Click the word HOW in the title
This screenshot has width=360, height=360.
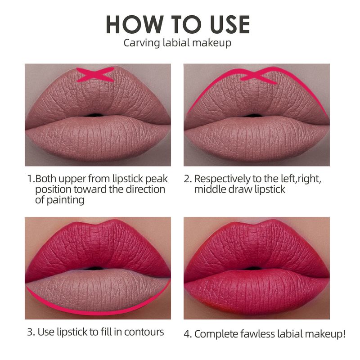point(135,25)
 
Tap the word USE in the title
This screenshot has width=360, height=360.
point(230,25)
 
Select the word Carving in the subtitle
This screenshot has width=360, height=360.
point(141,43)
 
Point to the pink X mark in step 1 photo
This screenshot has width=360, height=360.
point(95,74)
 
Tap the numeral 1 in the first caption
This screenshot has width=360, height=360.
point(30,179)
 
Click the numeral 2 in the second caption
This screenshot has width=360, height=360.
point(187,179)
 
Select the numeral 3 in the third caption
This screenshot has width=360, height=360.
point(30,332)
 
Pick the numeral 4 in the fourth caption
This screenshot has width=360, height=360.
point(187,334)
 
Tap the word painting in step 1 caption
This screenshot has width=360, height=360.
point(65,200)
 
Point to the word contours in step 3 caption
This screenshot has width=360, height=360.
point(144,332)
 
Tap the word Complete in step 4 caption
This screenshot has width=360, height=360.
point(216,334)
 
